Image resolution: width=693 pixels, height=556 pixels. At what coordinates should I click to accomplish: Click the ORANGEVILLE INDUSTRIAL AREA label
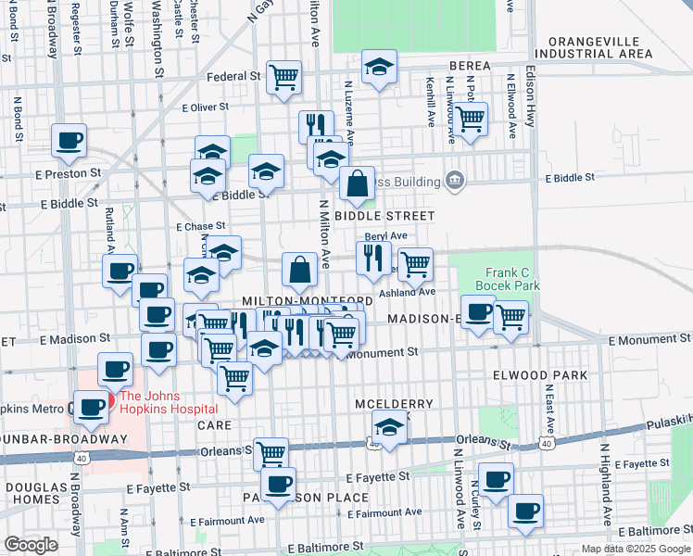[600, 47]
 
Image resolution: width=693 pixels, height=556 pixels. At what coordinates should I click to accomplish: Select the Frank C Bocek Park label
[507, 280]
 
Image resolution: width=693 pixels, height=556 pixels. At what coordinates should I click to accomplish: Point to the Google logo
[31, 545]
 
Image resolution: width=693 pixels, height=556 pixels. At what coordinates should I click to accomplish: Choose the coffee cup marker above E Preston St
[69, 141]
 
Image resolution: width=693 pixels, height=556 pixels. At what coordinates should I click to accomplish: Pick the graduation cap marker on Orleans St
[390, 429]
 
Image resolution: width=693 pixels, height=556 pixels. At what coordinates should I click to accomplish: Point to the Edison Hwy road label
[532, 96]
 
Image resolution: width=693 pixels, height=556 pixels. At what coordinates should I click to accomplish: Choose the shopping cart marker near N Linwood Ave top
[471, 119]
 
